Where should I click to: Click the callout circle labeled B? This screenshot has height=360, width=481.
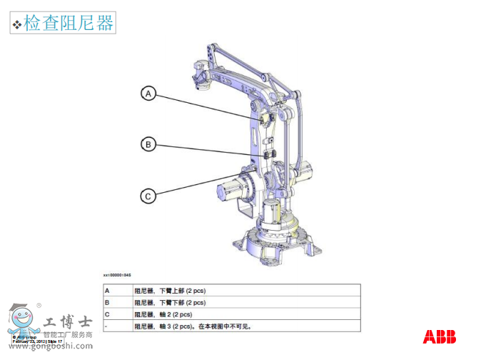pyautogui.click(x=148, y=144)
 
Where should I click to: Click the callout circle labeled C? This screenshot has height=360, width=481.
pyautogui.click(x=148, y=196)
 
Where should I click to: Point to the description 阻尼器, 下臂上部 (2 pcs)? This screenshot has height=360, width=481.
pyautogui.click(x=170, y=291)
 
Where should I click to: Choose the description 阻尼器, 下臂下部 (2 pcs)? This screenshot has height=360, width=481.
pyautogui.click(x=170, y=303)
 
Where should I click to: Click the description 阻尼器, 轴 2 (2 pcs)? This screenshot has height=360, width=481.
pyautogui.click(x=163, y=314)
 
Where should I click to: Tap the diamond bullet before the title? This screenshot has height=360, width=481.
pyautogui.click(x=17, y=25)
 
